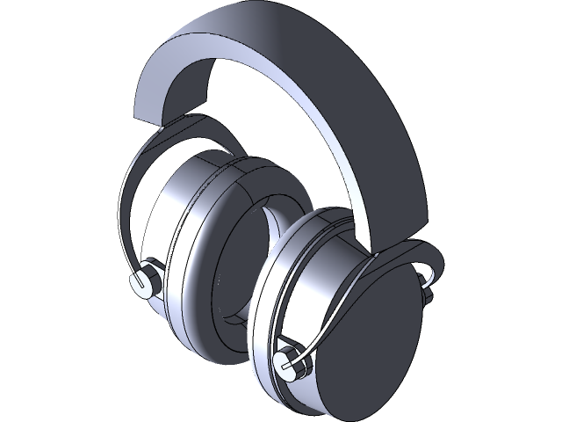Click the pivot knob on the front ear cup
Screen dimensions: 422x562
pos(286,361)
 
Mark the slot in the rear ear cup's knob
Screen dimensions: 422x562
pos(138,281)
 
